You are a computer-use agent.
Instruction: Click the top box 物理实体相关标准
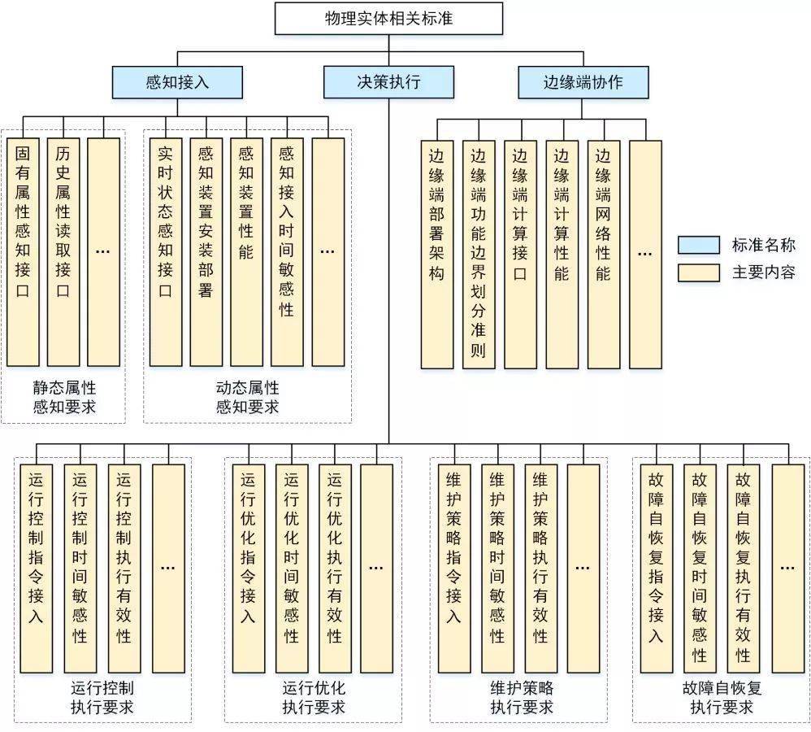point(388,18)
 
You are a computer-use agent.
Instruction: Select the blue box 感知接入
point(178,81)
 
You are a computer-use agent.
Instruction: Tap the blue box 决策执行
point(388,81)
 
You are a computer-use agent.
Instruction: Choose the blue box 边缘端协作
point(583,81)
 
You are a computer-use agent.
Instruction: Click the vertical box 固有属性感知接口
point(24,252)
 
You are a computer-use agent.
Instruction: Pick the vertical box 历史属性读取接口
point(63,252)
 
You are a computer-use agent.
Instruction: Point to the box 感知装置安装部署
point(206,252)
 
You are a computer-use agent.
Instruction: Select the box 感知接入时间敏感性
point(287,252)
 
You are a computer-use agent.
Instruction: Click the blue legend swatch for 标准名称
point(699,245)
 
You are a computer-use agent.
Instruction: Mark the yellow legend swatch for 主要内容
point(699,272)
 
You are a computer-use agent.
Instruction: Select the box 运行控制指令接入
point(36,569)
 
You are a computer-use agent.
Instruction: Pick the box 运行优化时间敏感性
point(292,569)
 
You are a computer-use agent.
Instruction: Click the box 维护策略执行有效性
point(540,569)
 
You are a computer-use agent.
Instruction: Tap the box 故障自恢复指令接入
point(657,569)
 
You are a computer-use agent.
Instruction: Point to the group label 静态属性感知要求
point(64,397)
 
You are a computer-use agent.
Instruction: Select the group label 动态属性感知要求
point(247,397)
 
